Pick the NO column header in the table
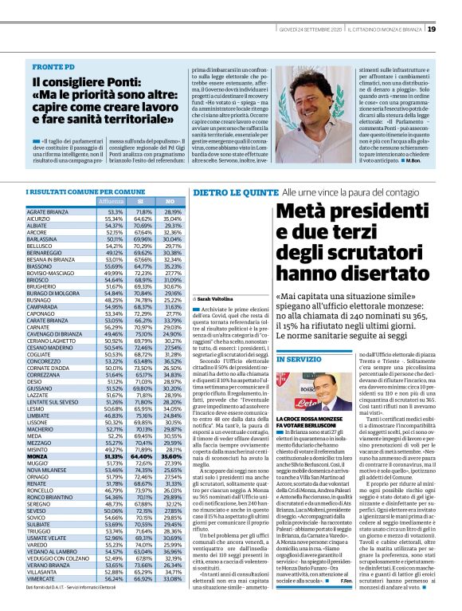(169, 203)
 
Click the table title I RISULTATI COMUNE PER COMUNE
(76, 192)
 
